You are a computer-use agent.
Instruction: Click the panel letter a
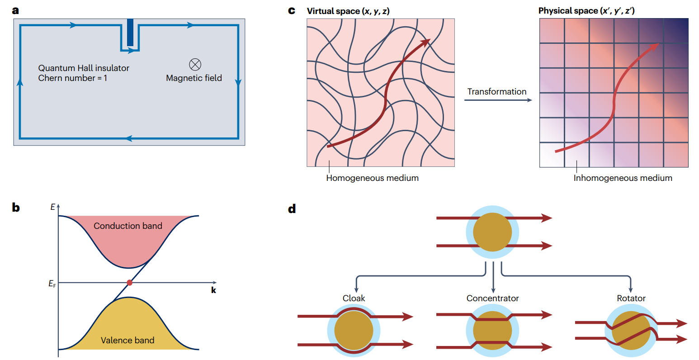(x=16, y=10)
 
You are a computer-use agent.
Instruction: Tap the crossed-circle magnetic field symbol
(x=195, y=65)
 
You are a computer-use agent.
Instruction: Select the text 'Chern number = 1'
(x=72, y=78)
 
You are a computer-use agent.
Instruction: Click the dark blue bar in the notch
(x=130, y=32)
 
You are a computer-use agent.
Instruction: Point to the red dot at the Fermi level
(x=130, y=283)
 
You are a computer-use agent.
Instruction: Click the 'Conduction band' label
(x=128, y=226)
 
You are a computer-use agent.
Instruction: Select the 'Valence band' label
(x=128, y=340)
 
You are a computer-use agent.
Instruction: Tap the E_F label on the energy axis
(x=52, y=284)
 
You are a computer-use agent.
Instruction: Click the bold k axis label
(x=213, y=290)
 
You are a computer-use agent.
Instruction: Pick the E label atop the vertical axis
(x=53, y=207)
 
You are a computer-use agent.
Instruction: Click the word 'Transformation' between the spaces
(x=497, y=91)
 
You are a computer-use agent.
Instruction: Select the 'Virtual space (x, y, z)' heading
(x=348, y=11)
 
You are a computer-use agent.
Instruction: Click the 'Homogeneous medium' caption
(x=373, y=178)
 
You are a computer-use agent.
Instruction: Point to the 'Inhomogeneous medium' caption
(x=623, y=178)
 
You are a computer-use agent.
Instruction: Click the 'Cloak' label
(x=354, y=298)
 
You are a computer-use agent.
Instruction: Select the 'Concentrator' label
(x=493, y=298)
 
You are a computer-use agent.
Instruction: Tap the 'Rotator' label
(x=631, y=298)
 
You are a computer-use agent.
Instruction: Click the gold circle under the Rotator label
(x=631, y=331)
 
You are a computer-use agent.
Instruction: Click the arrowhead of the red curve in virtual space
(x=426, y=43)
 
